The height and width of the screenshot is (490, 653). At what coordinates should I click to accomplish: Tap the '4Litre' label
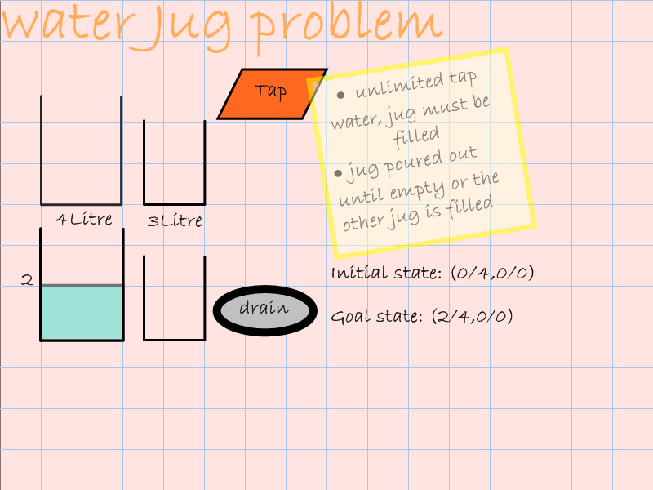(84, 220)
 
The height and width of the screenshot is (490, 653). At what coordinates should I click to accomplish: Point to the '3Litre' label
(175, 220)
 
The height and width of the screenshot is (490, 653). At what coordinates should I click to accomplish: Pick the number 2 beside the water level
(27, 280)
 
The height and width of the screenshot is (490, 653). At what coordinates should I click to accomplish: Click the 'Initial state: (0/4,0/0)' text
(433, 273)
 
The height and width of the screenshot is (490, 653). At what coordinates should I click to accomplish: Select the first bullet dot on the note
(340, 93)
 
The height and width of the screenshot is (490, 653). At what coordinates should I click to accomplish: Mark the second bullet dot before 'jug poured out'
(338, 172)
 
